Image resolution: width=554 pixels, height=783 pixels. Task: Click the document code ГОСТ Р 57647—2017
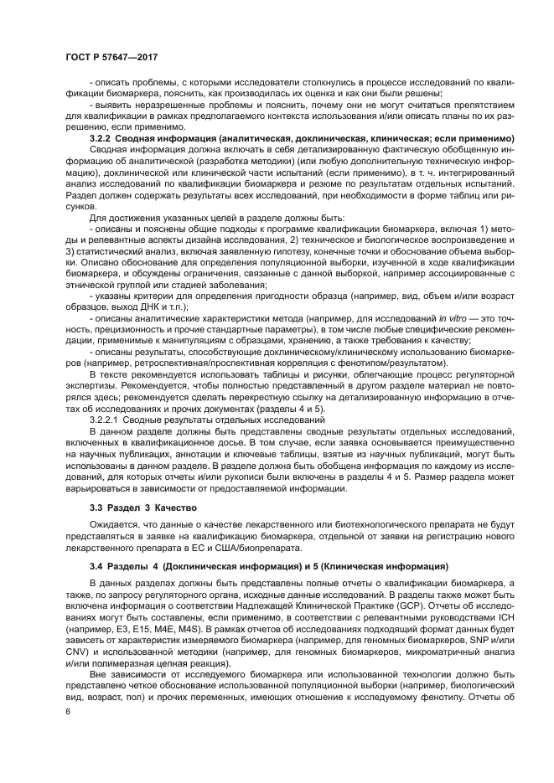[x=112, y=57]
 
